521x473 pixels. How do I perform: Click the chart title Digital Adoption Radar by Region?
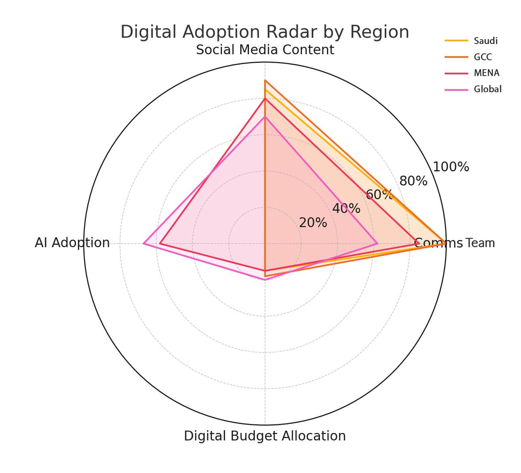click(x=265, y=32)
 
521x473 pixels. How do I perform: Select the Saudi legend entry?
click(x=485, y=41)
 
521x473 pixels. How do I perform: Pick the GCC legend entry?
click(x=483, y=57)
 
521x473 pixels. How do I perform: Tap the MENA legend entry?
click(x=486, y=73)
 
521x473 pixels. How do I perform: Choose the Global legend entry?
click(x=487, y=89)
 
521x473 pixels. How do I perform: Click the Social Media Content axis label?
click(x=265, y=50)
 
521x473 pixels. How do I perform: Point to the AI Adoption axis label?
click(x=72, y=243)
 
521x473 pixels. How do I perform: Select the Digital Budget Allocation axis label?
click(x=265, y=436)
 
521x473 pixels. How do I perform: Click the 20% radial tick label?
click(x=313, y=223)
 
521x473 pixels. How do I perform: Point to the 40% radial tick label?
click(x=346, y=209)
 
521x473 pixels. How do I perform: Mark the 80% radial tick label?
click(x=413, y=181)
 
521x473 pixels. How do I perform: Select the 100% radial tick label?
click(x=451, y=167)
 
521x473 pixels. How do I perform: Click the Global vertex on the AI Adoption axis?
click(x=144, y=244)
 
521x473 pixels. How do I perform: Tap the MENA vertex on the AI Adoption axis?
click(x=160, y=244)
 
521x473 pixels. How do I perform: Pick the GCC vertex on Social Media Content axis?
click(x=265, y=81)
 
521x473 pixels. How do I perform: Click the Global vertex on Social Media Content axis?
click(x=265, y=117)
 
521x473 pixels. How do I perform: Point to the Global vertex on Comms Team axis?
click(x=377, y=244)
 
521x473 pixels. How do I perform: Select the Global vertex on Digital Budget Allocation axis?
click(x=265, y=280)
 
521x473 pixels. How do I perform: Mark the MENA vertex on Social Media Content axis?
click(x=265, y=99)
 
